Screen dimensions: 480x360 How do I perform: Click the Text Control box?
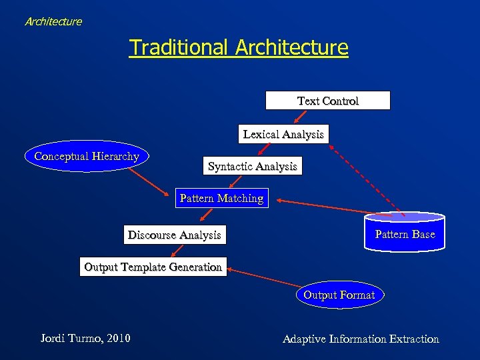(x=327, y=101)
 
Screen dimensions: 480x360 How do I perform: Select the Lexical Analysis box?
(x=283, y=135)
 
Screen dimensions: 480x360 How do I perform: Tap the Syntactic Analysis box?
(x=252, y=166)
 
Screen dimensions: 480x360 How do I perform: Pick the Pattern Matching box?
(x=221, y=199)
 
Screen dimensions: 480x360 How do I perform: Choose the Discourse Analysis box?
(x=174, y=235)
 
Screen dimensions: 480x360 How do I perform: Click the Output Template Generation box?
(x=153, y=267)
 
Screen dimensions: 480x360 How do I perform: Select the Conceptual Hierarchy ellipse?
(x=87, y=157)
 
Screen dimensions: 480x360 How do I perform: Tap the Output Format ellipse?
(x=339, y=295)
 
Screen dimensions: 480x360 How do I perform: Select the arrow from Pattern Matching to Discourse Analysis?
(x=207, y=215)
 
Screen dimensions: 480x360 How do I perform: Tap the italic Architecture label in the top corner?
(x=53, y=21)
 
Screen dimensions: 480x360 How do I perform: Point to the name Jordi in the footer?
(x=53, y=339)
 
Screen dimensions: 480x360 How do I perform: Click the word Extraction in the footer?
(x=413, y=339)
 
